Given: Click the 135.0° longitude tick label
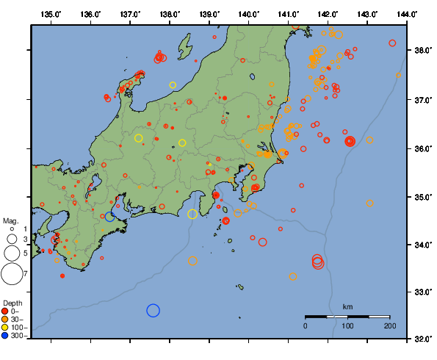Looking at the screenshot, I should tap(51, 14).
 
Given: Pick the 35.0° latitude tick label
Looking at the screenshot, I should tap(423, 197).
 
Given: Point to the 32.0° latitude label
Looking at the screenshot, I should tap(423, 339).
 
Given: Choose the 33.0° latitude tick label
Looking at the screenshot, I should tap(423, 292).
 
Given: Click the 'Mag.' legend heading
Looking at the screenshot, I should tap(10, 220).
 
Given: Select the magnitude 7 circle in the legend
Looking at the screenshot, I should tap(12, 274).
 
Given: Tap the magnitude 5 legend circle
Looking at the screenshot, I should tap(12, 253).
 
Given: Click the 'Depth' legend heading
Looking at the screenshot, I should tap(12, 303).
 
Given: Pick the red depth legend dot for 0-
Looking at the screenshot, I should tap(5, 311).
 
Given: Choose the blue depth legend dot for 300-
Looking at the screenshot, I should tap(5, 335).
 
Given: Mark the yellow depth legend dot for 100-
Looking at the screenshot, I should tap(5, 327).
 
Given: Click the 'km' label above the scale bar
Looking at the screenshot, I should tap(347, 306).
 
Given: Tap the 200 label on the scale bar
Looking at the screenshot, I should tap(389, 325).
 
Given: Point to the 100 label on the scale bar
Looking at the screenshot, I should tap(347, 325).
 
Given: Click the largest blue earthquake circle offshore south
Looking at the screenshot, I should tap(153, 310).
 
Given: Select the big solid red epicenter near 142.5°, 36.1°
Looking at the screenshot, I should tap(350, 141).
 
